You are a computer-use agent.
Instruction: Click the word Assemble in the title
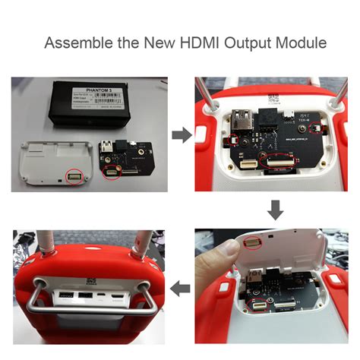pos(79,43)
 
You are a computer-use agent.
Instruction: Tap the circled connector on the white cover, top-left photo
pos(74,177)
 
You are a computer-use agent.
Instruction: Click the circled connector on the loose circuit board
pos(112,173)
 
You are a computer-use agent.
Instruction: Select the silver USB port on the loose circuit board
pos(107,147)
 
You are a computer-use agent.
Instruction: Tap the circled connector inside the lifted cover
pos(249,242)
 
